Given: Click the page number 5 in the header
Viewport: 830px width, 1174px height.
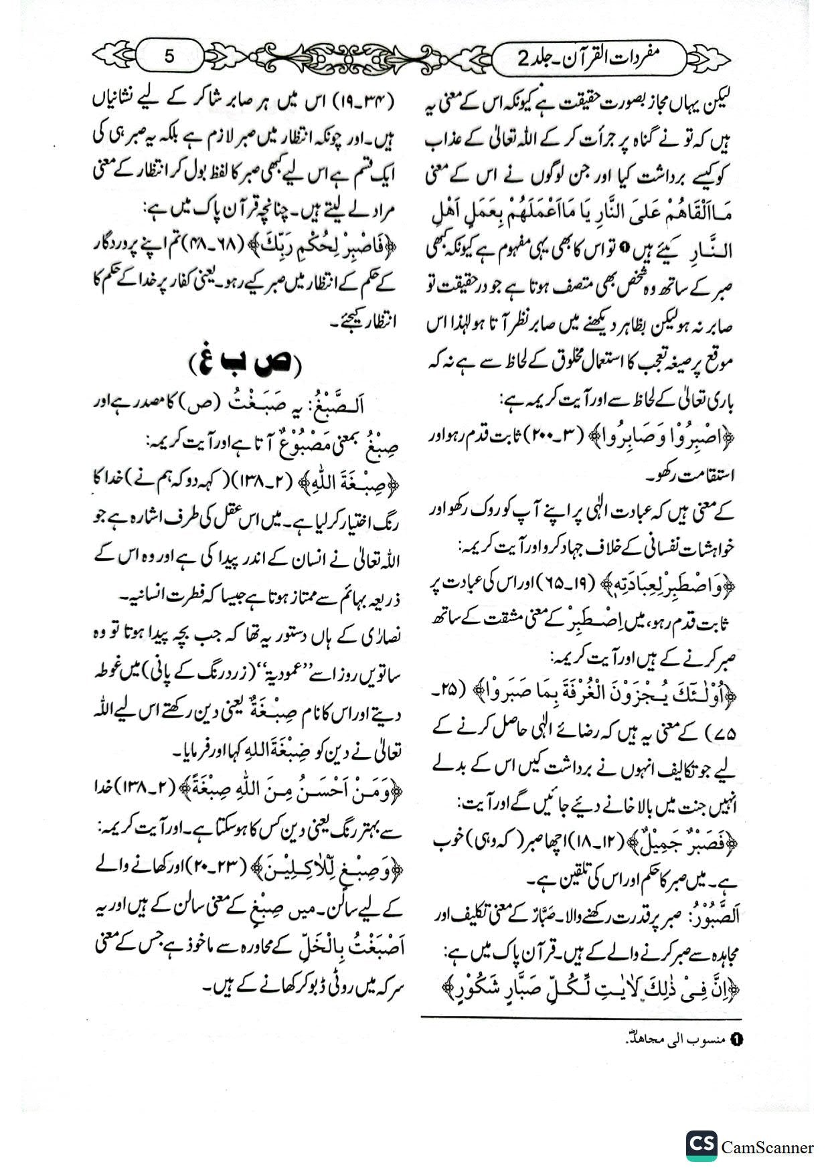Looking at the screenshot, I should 169,56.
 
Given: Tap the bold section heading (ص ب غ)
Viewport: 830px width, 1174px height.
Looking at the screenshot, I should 245,363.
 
